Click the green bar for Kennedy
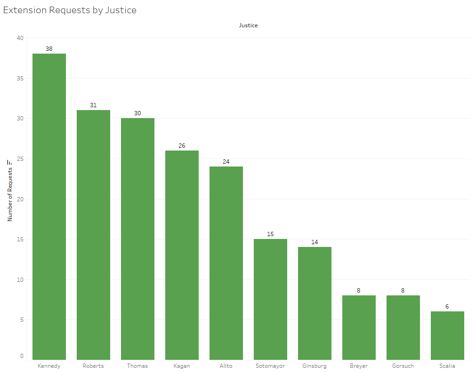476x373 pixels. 49,207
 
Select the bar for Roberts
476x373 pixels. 93,235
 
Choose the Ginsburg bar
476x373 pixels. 315,303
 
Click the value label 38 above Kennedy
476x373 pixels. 49,48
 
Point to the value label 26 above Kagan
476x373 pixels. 182,145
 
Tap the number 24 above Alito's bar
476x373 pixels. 226,161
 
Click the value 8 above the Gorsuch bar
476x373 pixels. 403,290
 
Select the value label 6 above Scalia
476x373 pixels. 447,306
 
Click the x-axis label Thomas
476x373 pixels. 137,366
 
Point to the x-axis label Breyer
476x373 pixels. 359,366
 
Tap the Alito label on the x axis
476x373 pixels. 226,366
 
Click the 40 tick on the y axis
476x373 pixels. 20,38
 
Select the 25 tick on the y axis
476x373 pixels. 20,159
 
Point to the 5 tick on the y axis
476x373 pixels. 22,320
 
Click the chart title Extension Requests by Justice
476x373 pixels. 70,10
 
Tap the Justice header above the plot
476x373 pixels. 248,25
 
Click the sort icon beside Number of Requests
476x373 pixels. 9,162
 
